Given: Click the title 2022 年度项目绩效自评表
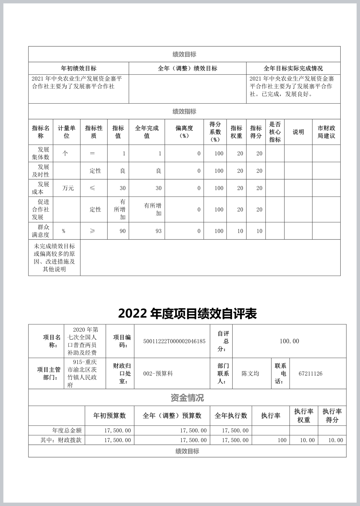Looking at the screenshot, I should pyautogui.click(x=187, y=313).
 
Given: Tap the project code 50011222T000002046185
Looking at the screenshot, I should pyautogui.click(x=174, y=341).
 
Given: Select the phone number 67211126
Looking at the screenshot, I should pyautogui.click(x=310, y=374).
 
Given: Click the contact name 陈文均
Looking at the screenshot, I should pyautogui.click(x=250, y=374).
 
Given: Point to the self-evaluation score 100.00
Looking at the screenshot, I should pyautogui.click(x=289, y=341).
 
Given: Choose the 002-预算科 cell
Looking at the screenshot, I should pyautogui.click(x=158, y=374).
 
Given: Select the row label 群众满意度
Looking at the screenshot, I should pyautogui.click(x=41, y=231).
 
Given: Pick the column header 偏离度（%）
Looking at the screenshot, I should pyautogui.click(x=184, y=132).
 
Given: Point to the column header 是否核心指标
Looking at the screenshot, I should pyautogui.click(x=275, y=132).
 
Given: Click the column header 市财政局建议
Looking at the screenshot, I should pyautogui.click(x=326, y=132).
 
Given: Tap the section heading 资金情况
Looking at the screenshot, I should pyautogui.click(x=187, y=398).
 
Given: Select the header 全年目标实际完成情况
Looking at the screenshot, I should pyautogui.click(x=293, y=68).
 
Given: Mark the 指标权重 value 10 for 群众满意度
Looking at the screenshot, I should pyautogui.click(x=240, y=231).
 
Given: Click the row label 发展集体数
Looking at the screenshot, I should pyautogui.click(x=41, y=153).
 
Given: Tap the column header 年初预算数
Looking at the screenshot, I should pyautogui.click(x=109, y=416).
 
